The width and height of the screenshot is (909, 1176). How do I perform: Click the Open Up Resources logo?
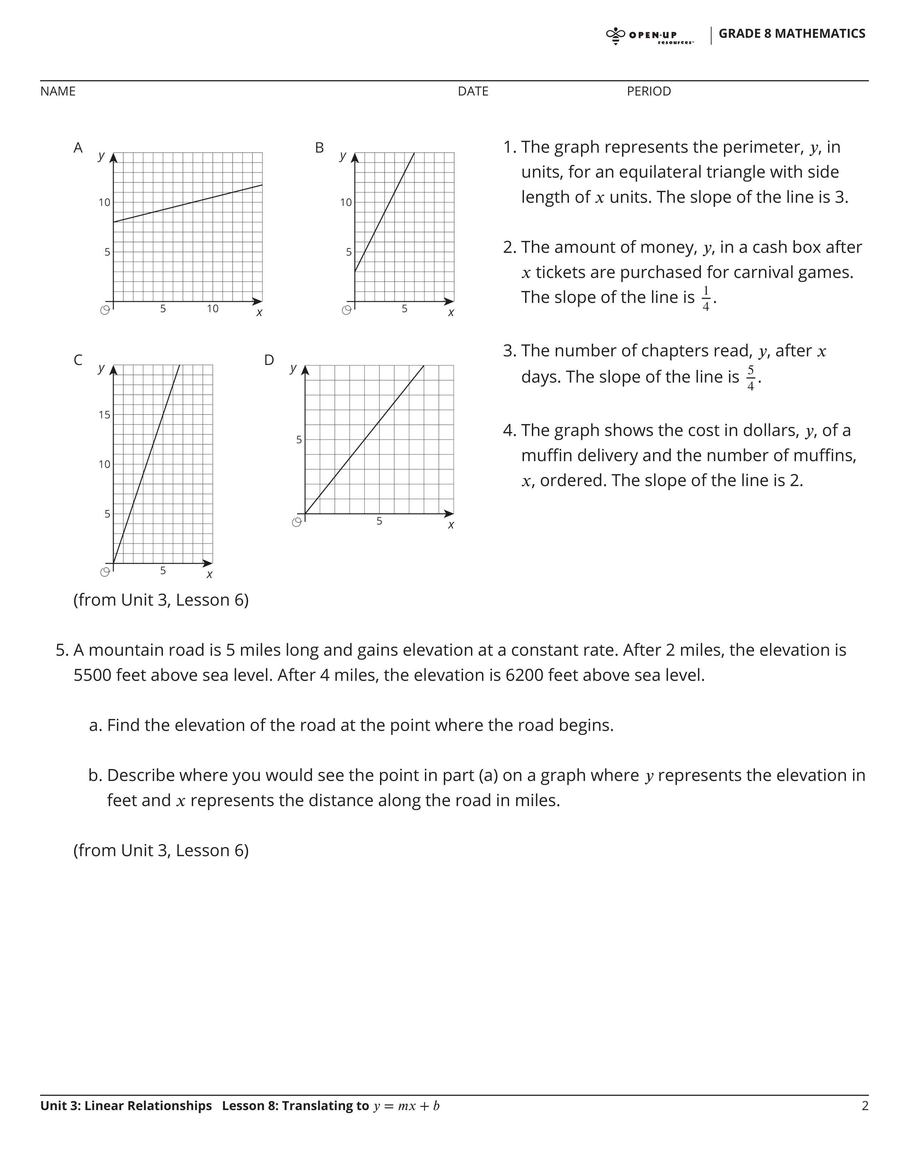point(649,36)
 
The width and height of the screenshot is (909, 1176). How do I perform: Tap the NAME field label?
point(58,92)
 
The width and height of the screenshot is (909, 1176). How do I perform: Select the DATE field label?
point(473,92)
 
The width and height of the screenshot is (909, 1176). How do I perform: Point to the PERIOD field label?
point(648,92)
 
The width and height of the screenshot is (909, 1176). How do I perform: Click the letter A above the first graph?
point(78,148)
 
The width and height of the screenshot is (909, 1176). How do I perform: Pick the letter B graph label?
point(319,148)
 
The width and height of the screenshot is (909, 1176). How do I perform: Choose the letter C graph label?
point(78,360)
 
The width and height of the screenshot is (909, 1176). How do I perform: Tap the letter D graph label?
point(269,360)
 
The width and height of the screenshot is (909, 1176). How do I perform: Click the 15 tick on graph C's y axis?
point(104,414)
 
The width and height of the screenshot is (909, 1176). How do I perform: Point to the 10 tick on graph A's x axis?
point(213,309)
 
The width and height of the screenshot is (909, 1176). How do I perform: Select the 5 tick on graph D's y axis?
point(299,440)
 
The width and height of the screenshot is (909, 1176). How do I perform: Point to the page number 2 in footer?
point(865,1106)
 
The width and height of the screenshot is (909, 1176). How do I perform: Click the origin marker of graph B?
point(347,310)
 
